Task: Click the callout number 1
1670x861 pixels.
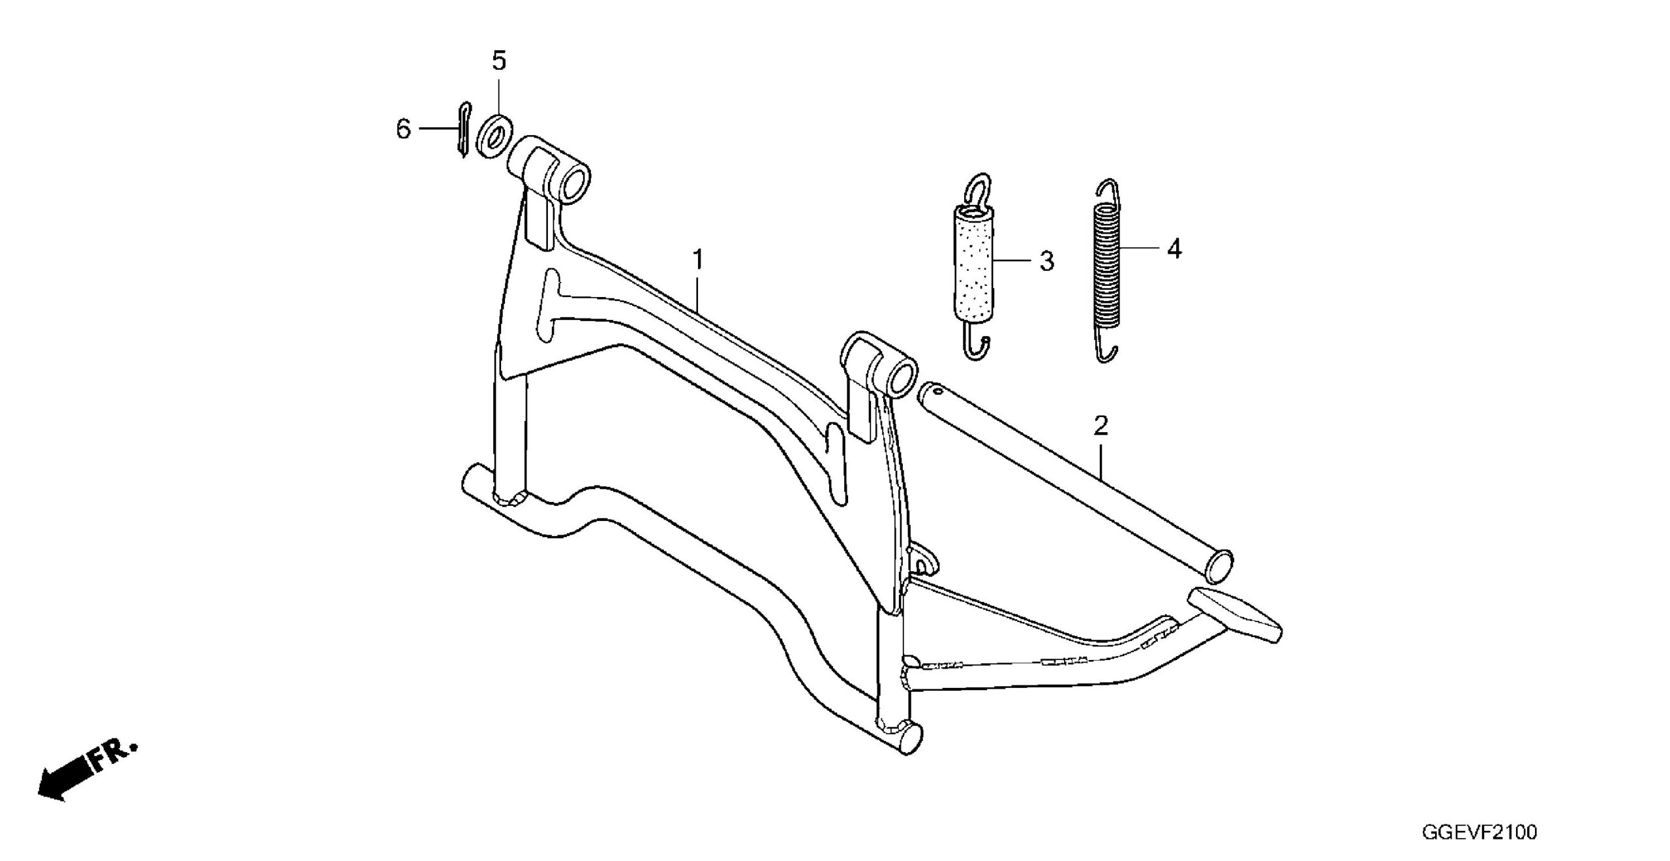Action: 697,260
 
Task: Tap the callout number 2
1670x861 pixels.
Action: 1101,427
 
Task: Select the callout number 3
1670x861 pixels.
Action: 1046,261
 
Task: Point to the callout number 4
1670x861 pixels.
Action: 1174,249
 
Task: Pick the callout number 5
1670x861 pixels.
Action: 498,61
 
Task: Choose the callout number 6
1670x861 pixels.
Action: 403,129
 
